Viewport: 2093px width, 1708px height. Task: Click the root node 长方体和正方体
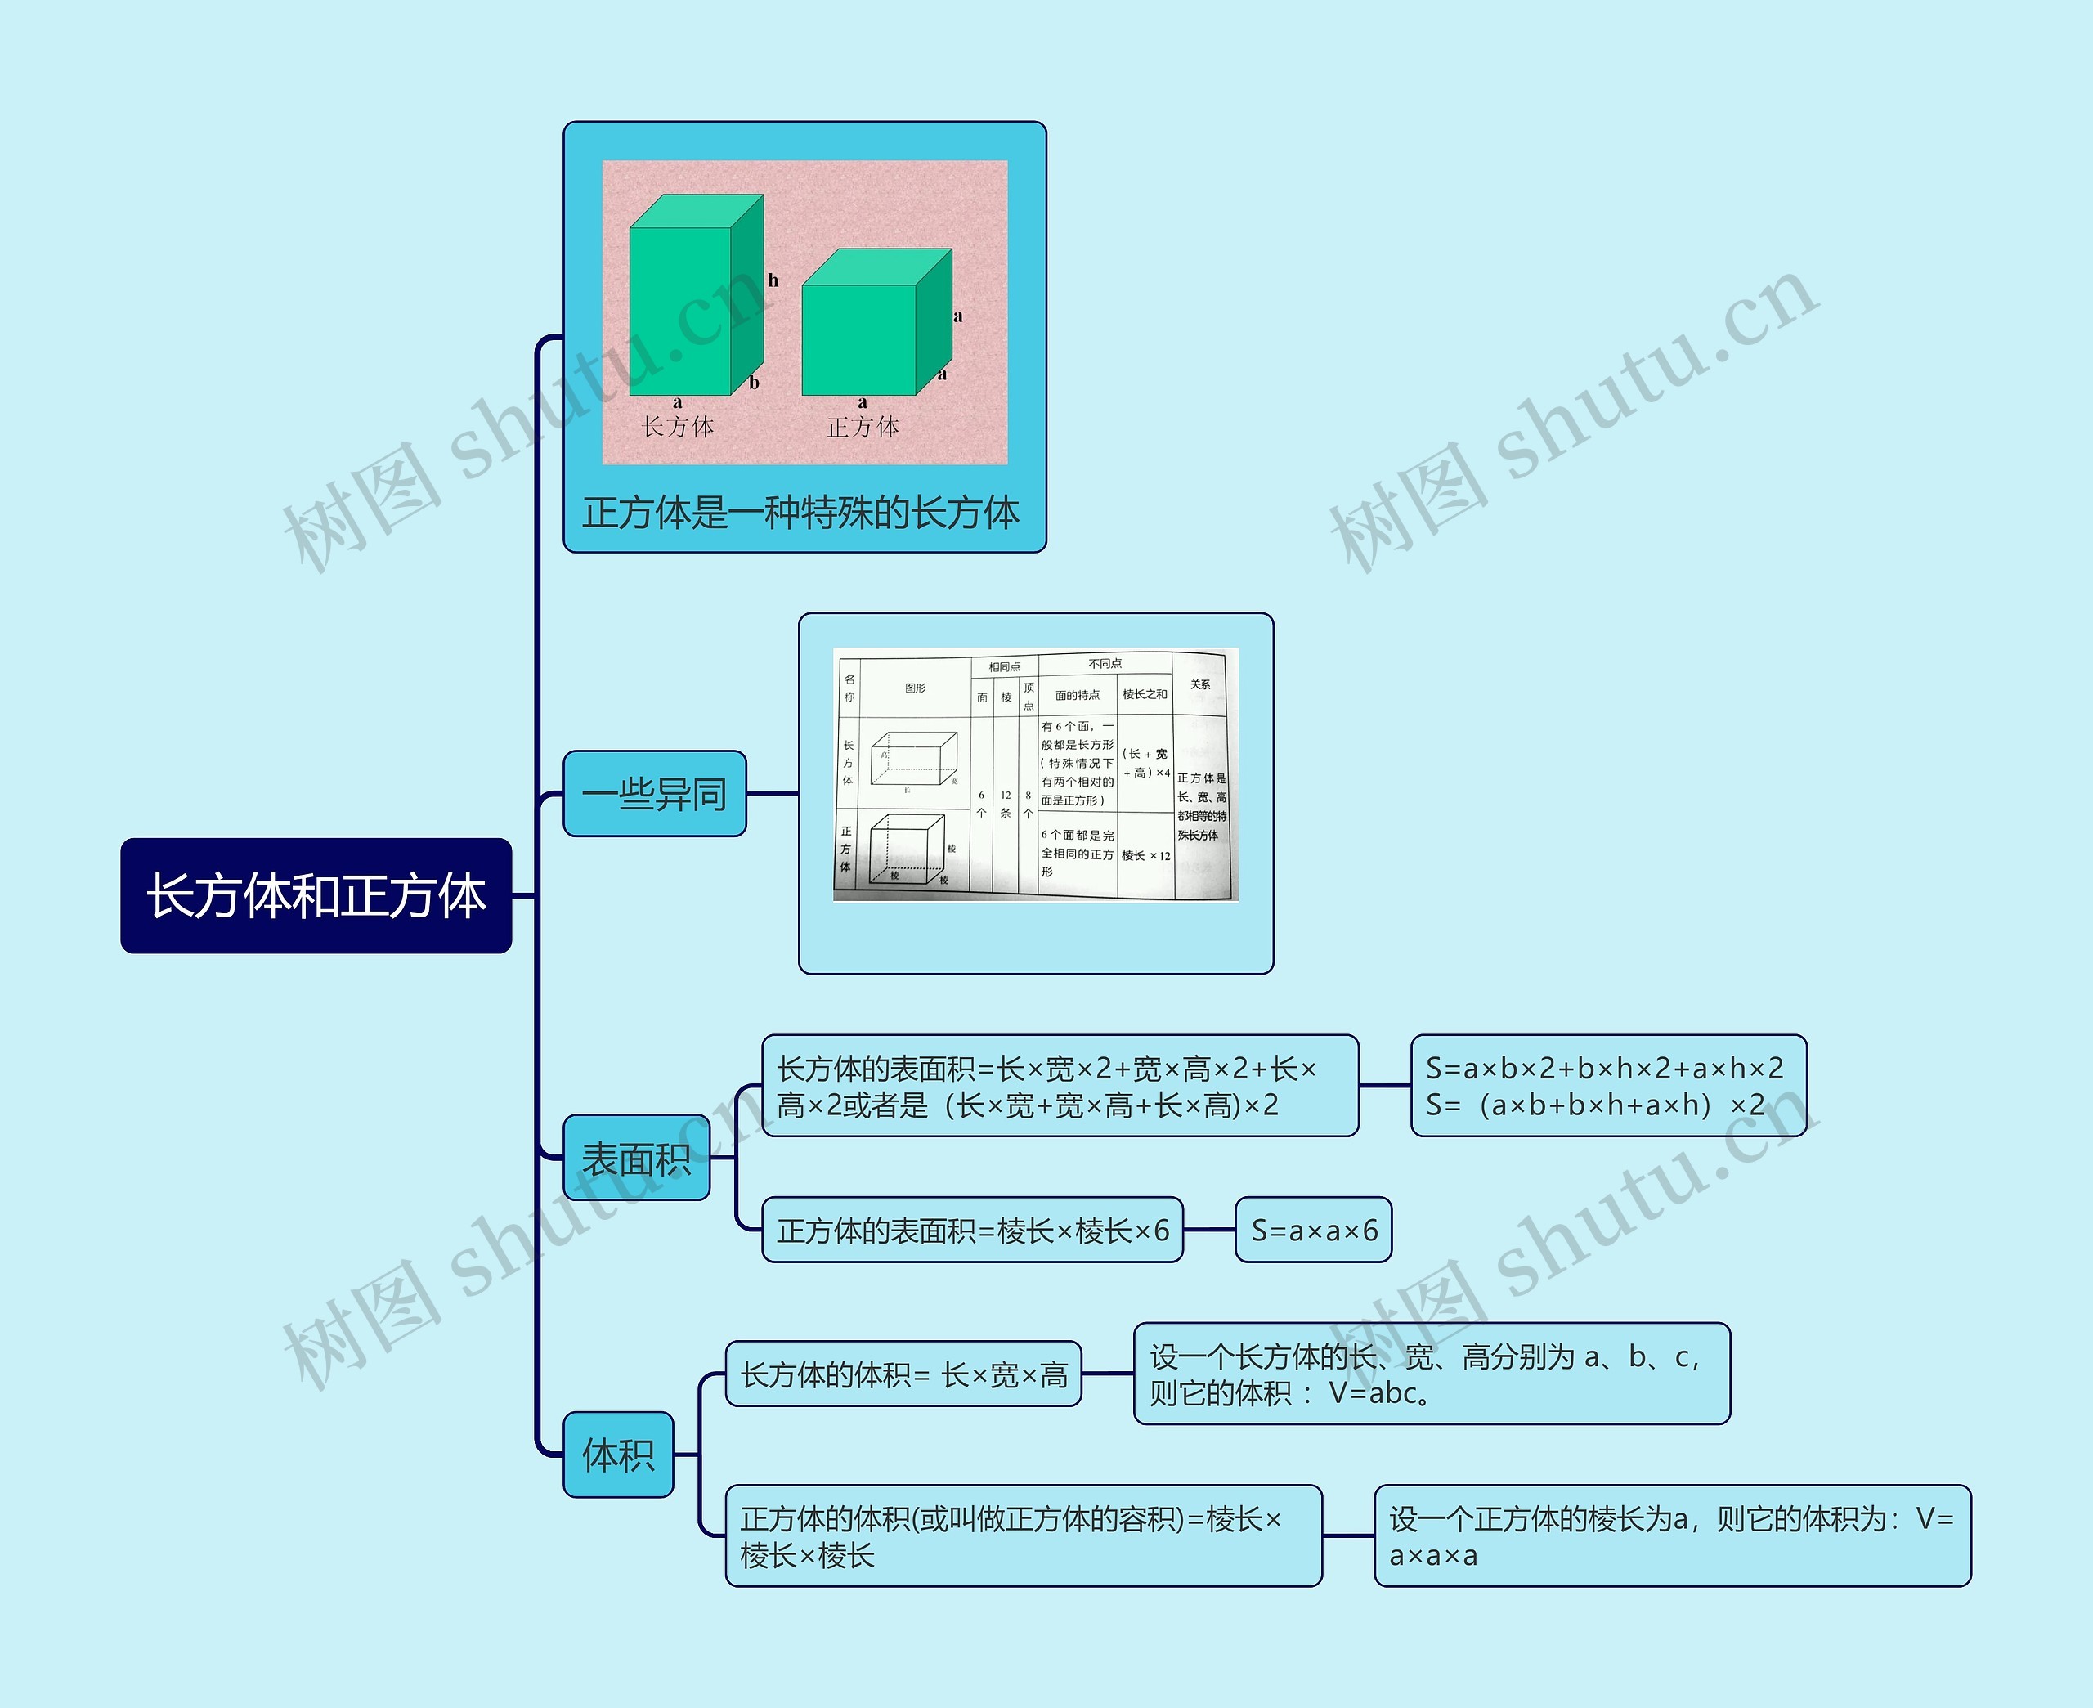click(316, 895)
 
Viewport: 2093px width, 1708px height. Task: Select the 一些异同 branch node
click(654, 793)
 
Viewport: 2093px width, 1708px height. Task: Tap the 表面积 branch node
click(636, 1158)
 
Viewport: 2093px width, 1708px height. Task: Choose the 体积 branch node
click(617, 1455)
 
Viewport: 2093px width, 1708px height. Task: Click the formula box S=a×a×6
click(1313, 1230)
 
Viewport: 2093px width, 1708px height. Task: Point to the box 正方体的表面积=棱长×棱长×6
click(972, 1230)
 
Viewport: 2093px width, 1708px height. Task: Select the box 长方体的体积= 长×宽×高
click(903, 1374)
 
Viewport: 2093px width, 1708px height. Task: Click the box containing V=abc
click(1431, 1374)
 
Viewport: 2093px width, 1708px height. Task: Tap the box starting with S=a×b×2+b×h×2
click(1608, 1085)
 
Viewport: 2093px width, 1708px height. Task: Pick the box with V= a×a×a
click(1672, 1535)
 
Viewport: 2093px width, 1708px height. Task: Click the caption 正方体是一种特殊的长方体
click(800, 513)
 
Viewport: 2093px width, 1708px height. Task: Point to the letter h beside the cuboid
click(773, 280)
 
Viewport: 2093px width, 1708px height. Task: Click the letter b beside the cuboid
click(755, 383)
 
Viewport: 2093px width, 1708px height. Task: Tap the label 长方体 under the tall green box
click(678, 427)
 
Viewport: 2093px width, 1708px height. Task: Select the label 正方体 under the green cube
click(863, 427)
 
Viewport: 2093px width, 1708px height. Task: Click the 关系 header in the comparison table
click(1200, 684)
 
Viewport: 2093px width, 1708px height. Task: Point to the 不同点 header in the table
click(1105, 663)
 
